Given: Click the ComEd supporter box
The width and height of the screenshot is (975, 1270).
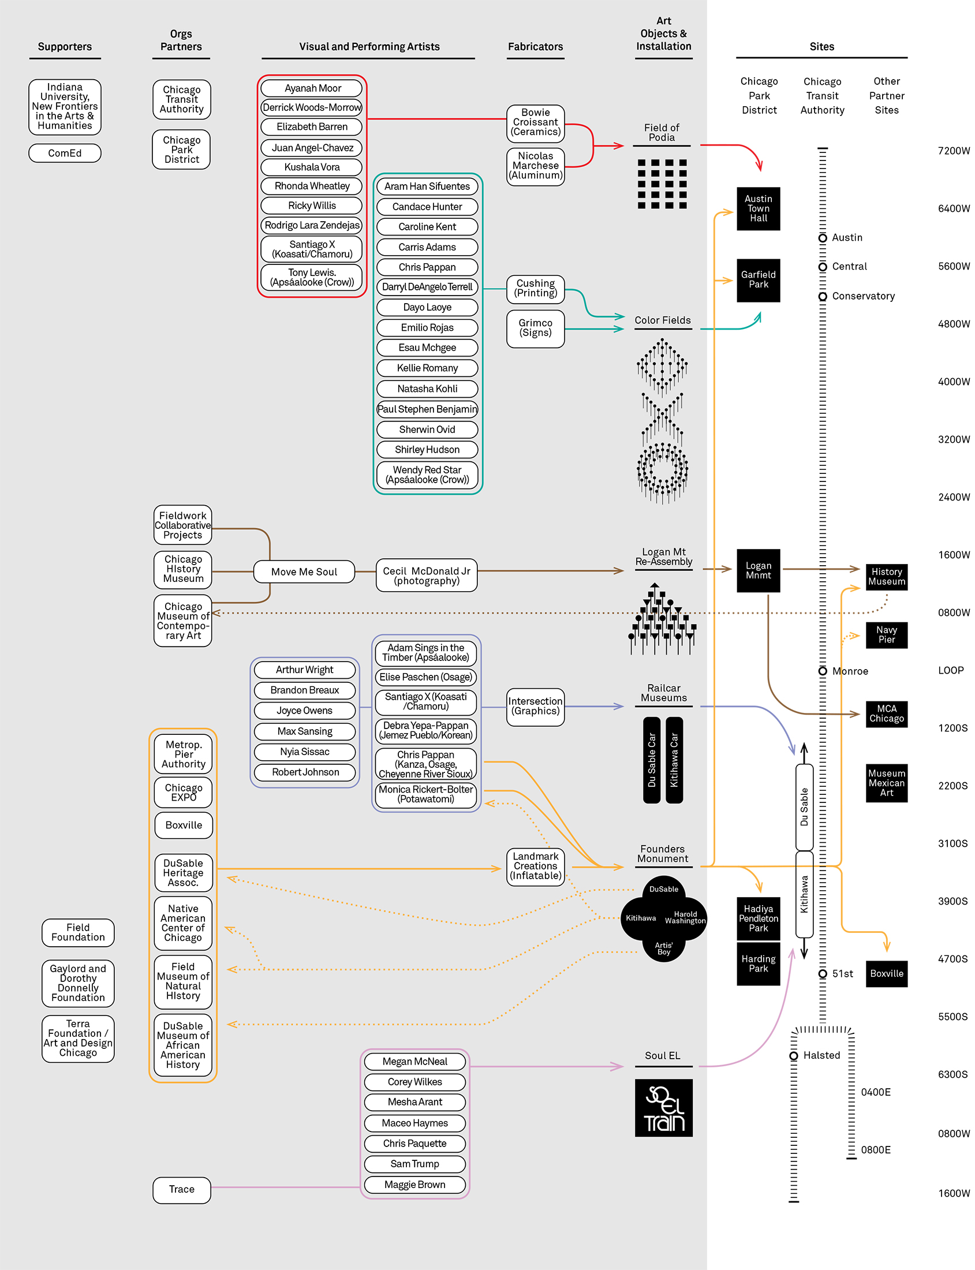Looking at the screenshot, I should point(65,153).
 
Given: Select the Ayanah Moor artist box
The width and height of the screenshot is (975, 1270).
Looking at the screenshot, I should point(312,88).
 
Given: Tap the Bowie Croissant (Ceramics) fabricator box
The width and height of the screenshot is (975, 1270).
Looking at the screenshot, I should point(535,122).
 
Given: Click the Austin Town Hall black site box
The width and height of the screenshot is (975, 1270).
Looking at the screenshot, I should point(758,208).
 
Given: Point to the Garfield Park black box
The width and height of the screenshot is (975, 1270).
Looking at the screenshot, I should point(758,280).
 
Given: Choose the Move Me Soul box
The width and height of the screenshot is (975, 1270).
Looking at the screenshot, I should point(304,571).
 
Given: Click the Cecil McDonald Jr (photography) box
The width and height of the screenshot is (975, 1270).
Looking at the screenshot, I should point(426,575).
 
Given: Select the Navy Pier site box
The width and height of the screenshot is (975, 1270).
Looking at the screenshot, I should point(886,634).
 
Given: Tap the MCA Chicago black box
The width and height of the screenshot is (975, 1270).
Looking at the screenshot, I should point(886,714).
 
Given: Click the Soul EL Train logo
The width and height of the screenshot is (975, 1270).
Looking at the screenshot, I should point(663,1107).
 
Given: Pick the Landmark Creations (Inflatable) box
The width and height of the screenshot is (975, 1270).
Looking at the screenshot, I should point(535,866).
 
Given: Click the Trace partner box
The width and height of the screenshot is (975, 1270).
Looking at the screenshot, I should point(182,1189).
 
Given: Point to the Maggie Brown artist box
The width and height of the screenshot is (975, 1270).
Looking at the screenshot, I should point(414,1185).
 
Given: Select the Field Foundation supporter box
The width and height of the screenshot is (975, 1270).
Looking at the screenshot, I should point(78,932).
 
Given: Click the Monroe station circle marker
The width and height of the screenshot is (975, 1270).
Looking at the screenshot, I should point(823,671).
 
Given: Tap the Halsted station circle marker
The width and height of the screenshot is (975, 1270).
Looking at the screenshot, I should point(793,1056).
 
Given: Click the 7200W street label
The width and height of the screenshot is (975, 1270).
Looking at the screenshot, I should point(954,151).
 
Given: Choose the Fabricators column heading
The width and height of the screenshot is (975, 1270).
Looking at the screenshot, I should point(535,46).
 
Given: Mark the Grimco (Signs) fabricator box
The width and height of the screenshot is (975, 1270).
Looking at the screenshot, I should point(535,328).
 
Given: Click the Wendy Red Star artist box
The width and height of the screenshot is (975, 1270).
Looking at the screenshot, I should point(427,475).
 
